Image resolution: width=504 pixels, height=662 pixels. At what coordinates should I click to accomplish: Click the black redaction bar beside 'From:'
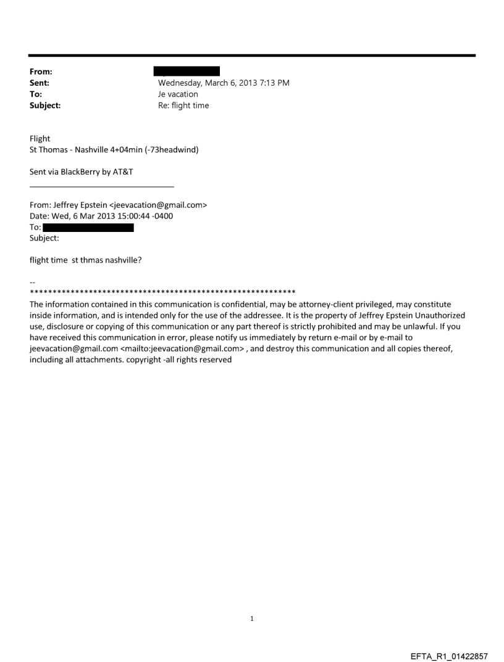tap(187, 72)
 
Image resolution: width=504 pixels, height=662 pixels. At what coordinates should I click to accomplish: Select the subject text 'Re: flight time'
tap(183, 106)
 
